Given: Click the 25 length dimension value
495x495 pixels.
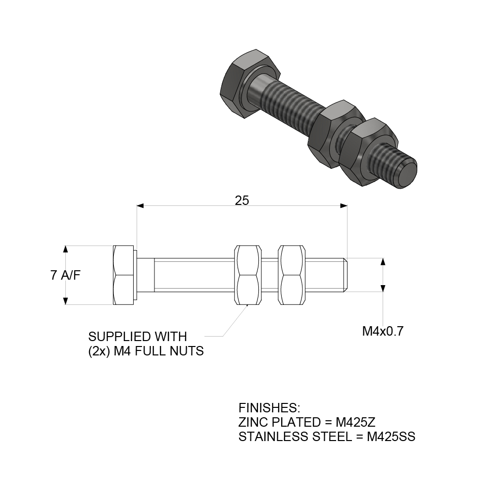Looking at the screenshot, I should click(242, 200).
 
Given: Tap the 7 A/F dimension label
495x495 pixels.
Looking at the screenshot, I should click(65, 276).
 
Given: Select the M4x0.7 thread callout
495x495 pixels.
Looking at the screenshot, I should click(383, 331).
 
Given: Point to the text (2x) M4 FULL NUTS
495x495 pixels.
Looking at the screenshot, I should click(146, 351).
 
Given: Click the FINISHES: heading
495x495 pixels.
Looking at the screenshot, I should click(269, 408).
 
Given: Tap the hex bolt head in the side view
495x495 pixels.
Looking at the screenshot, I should click(124, 275).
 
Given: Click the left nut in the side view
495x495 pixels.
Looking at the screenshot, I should click(248, 275).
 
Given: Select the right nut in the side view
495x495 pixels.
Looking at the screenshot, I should click(292, 275).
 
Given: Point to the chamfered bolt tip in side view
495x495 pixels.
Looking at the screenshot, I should click(347, 275).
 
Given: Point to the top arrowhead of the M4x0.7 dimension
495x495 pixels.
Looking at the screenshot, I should click(383, 261).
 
